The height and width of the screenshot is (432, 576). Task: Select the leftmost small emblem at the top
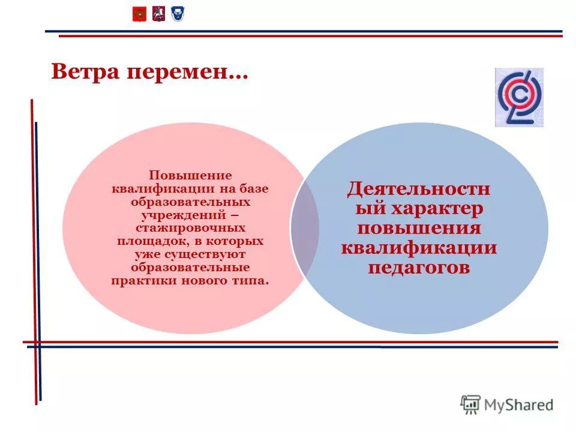point(139,14)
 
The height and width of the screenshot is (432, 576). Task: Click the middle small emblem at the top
point(158,14)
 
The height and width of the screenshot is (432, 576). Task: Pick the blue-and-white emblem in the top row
point(177,14)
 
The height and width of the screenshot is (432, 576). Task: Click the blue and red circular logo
point(518,97)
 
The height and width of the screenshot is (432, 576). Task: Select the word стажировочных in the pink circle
point(190,229)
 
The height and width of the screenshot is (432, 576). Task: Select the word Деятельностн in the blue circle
point(419,190)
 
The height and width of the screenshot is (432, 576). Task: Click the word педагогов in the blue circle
point(419,267)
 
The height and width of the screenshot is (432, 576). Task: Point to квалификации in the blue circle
point(419,248)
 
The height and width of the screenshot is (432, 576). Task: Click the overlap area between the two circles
point(305,228)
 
